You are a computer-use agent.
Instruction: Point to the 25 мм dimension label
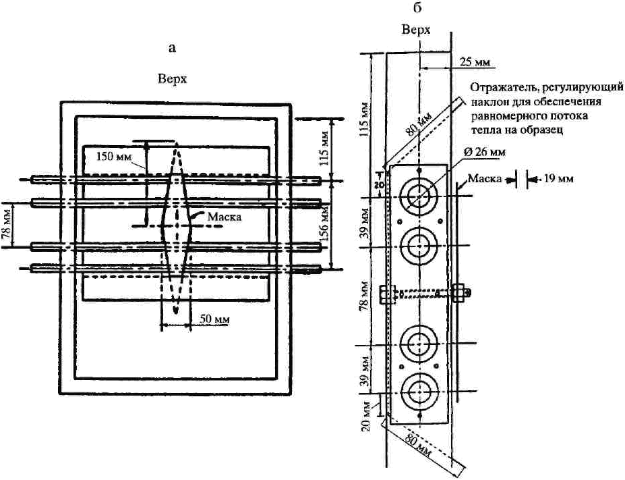pyautogui.click(x=475, y=62)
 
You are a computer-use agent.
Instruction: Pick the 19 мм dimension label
pyautogui.click(x=558, y=178)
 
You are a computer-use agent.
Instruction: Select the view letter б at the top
pyautogui.click(x=417, y=7)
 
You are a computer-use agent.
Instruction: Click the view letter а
pyautogui.click(x=172, y=49)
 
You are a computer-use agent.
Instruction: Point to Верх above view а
pyautogui.click(x=172, y=78)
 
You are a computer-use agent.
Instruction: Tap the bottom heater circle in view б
pyautogui.click(x=420, y=391)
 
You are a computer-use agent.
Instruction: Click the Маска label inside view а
pyautogui.click(x=225, y=217)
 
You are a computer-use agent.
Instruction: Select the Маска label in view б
pyautogui.click(x=484, y=178)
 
